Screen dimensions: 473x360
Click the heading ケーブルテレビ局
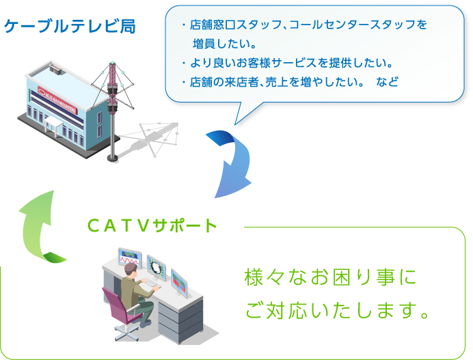tap(70, 26)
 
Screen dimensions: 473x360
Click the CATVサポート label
tap(152, 225)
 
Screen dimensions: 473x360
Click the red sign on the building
tap(57, 100)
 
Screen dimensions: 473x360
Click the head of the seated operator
tap(131, 268)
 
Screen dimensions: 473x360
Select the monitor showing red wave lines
tap(130, 258)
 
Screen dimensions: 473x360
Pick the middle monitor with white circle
tap(157, 268)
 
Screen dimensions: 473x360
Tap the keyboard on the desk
tap(152, 283)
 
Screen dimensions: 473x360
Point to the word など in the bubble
tap(388, 82)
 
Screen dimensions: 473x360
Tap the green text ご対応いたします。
tap(337, 311)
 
